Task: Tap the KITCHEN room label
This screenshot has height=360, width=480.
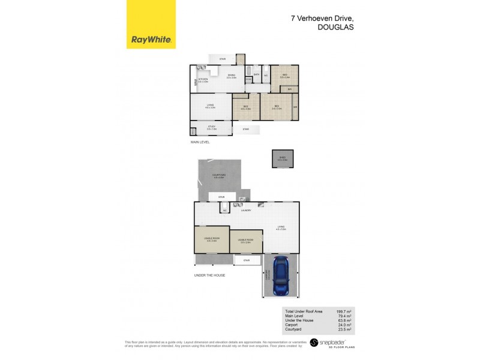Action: pos(203,79)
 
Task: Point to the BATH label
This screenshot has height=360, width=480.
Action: pos(256,74)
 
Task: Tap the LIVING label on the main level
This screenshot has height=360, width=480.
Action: pos(210,105)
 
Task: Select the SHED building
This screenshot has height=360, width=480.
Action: pos(282,159)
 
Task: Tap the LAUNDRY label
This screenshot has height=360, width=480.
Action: pos(245,210)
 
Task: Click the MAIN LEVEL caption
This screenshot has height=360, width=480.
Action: pos(200,143)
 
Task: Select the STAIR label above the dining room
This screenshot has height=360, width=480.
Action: pos(222,59)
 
